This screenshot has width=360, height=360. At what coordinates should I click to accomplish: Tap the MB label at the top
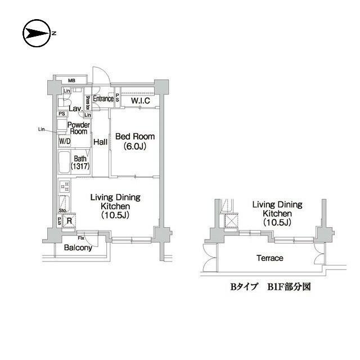tap(73, 80)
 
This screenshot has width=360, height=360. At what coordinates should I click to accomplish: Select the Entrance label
tap(103, 99)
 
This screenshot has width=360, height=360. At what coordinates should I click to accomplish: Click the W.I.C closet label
tap(140, 101)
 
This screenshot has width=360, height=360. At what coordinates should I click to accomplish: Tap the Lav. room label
tap(75, 108)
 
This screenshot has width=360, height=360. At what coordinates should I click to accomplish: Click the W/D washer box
tap(64, 141)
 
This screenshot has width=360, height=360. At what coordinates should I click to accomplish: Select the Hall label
tap(101, 142)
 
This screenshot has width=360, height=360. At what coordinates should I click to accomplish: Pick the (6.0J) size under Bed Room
tap(134, 146)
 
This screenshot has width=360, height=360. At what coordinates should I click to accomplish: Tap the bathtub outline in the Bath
tap(64, 163)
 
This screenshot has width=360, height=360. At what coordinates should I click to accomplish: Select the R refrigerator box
tap(69, 221)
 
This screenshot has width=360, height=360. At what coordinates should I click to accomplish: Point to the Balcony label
tap(78, 247)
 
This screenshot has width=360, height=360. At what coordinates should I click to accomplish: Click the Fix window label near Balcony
tap(81, 237)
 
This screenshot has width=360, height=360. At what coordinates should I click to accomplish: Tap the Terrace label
tap(271, 258)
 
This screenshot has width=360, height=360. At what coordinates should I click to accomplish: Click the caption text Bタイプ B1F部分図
tap(270, 286)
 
